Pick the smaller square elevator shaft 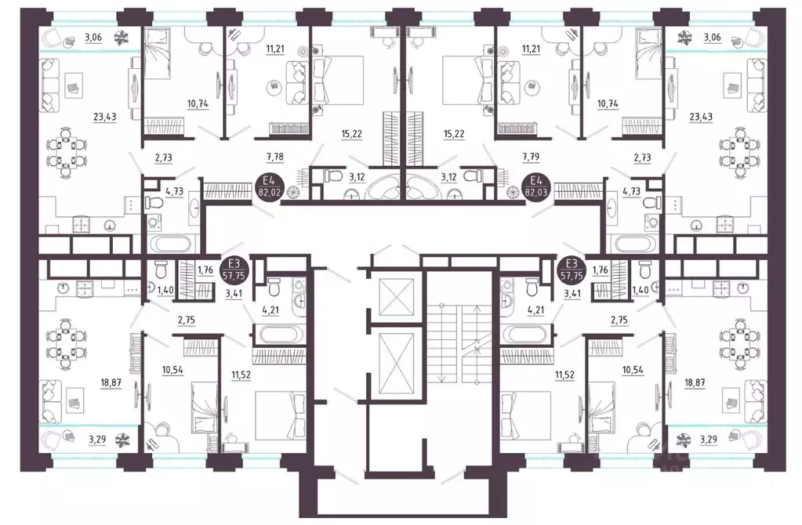389,296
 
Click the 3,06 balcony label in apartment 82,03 712,37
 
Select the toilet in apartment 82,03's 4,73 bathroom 650,204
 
